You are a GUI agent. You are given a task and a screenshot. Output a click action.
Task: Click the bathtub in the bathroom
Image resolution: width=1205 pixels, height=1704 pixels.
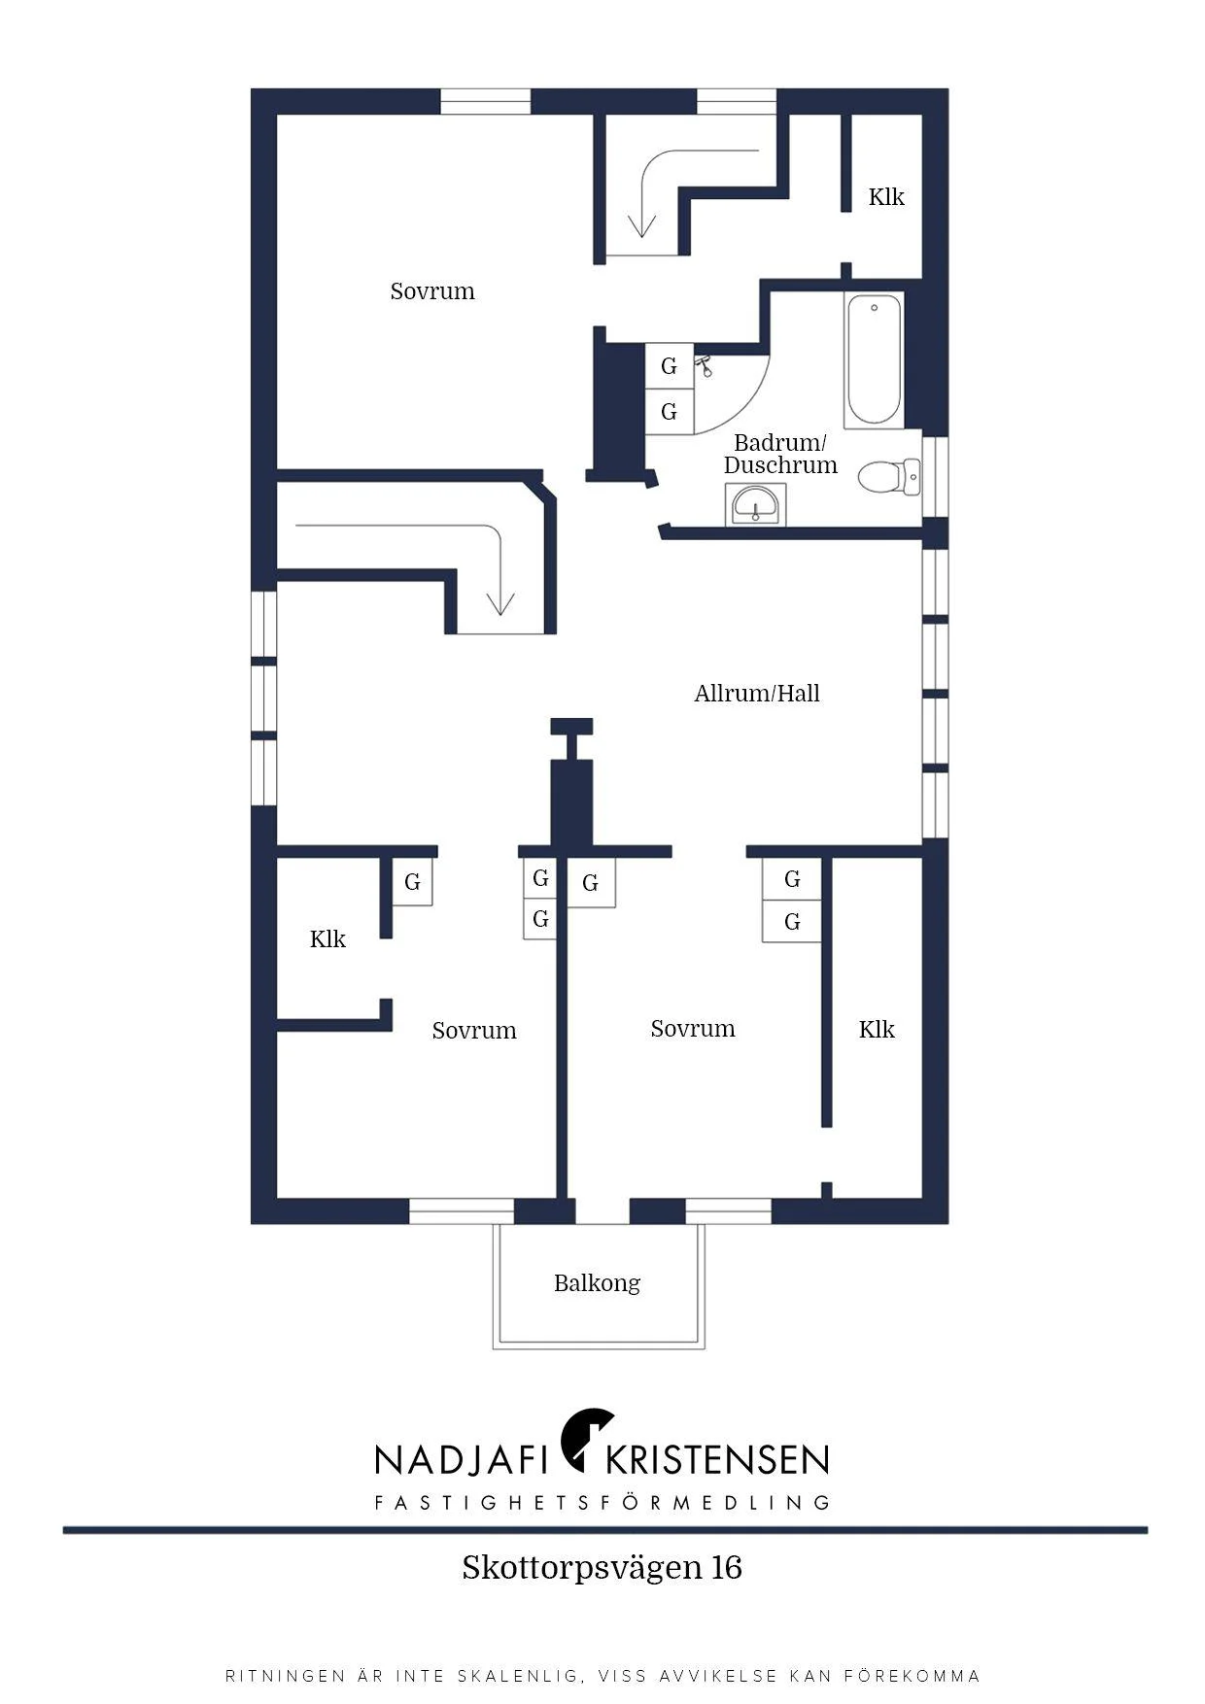tap(873, 359)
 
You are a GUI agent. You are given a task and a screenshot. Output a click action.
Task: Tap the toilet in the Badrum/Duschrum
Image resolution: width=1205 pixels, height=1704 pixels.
tap(888, 476)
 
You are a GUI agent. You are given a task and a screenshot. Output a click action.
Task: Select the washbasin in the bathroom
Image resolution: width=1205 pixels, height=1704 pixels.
tap(755, 504)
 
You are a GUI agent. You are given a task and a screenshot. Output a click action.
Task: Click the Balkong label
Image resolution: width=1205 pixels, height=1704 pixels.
tap(597, 1283)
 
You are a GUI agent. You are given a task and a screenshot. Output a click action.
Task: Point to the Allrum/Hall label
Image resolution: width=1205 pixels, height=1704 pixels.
tap(757, 693)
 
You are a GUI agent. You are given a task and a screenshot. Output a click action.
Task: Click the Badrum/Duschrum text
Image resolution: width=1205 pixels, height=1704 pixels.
tap(780, 454)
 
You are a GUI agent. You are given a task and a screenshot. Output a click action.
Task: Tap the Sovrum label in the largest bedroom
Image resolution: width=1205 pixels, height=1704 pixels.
tap(432, 291)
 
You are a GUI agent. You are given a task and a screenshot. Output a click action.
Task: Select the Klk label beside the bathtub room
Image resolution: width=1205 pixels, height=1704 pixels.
tap(886, 197)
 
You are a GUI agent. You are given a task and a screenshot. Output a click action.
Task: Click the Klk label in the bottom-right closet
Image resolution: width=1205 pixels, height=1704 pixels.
tap(877, 1030)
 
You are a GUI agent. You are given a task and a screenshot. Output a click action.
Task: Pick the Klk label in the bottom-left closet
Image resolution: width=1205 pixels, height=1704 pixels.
tap(327, 939)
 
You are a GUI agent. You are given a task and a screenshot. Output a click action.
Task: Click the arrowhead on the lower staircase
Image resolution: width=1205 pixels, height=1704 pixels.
tap(500, 603)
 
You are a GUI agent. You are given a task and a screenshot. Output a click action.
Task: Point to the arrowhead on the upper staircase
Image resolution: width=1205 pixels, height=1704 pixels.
tap(641, 225)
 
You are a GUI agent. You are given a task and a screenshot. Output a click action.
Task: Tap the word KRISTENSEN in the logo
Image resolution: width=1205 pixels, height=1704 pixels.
tap(717, 1460)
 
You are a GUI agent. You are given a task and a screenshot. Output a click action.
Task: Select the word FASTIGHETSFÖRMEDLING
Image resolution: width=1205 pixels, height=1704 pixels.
tap(602, 1503)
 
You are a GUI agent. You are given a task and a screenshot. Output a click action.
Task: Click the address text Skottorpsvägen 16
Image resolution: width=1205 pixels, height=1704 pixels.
tap(602, 1568)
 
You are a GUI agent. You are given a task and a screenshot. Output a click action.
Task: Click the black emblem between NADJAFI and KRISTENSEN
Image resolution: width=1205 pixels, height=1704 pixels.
tap(587, 1436)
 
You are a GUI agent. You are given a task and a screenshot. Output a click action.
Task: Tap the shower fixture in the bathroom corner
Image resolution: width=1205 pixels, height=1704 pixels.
tap(705, 365)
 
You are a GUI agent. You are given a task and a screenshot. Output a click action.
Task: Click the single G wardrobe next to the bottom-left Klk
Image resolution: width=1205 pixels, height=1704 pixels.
tap(412, 882)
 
